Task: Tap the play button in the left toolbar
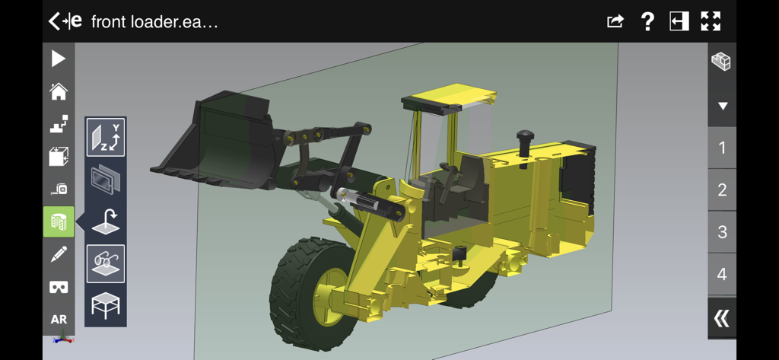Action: pyautogui.click(x=59, y=59)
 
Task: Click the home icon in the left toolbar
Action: pyautogui.click(x=59, y=92)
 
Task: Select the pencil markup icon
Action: pyautogui.click(x=59, y=255)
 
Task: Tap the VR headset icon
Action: pyautogui.click(x=59, y=287)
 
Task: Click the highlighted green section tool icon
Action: pyautogui.click(x=59, y=221)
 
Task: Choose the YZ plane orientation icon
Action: pyautogui.click(x=106, y=138)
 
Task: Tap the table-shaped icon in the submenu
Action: pyautogui.click(x=106, y=305)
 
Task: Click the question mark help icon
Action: pyautogui.click(x=647, y=21)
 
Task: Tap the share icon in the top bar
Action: pyautogui.click(x=615, y=21)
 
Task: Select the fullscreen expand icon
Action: pyautogui.click(x=711, y=21)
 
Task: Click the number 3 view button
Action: pyautogui.click(x=722, y=232)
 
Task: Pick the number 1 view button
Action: pyautogui.click(x=722, y=148)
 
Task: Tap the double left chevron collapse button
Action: pyautogui.click(x=721, y=318)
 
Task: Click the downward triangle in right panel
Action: pyautogui.click(x=723, y=106)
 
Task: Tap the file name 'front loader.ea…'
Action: pyautogui.click(x=154, y=21)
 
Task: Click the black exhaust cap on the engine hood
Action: pyautogui.click(x=526, y=139)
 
